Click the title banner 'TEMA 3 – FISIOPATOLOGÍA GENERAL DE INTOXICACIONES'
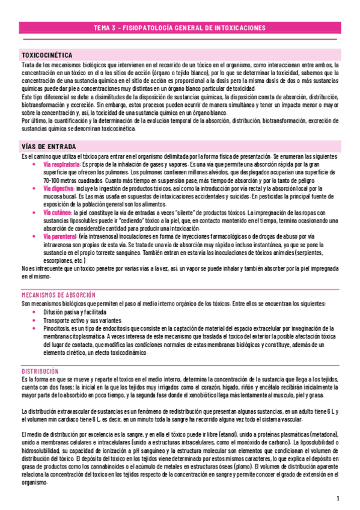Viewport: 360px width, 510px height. point(180,28)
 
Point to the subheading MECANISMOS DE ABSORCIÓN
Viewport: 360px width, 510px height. point(58,295)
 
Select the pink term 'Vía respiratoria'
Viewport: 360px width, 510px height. point(62,164)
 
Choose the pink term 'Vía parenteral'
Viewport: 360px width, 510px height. point(60,236)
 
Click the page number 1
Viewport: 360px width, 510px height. point(339,499)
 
